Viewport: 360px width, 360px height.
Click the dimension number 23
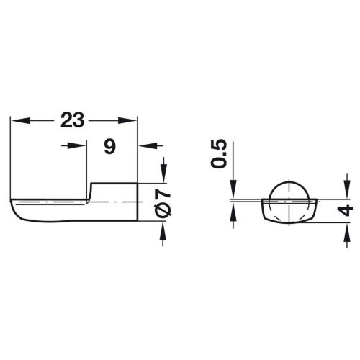coord(72,120)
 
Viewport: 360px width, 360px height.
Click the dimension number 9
coord(110,147)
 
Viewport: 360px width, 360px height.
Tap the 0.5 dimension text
coord(219,153)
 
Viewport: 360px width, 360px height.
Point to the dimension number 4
coord(345,210)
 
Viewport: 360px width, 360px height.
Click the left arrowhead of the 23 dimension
coord(20,120)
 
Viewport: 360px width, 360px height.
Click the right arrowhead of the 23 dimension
coord(127,120)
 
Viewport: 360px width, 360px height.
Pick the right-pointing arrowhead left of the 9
coord(76,145)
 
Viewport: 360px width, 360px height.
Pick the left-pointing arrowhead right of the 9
coord(148,145)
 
